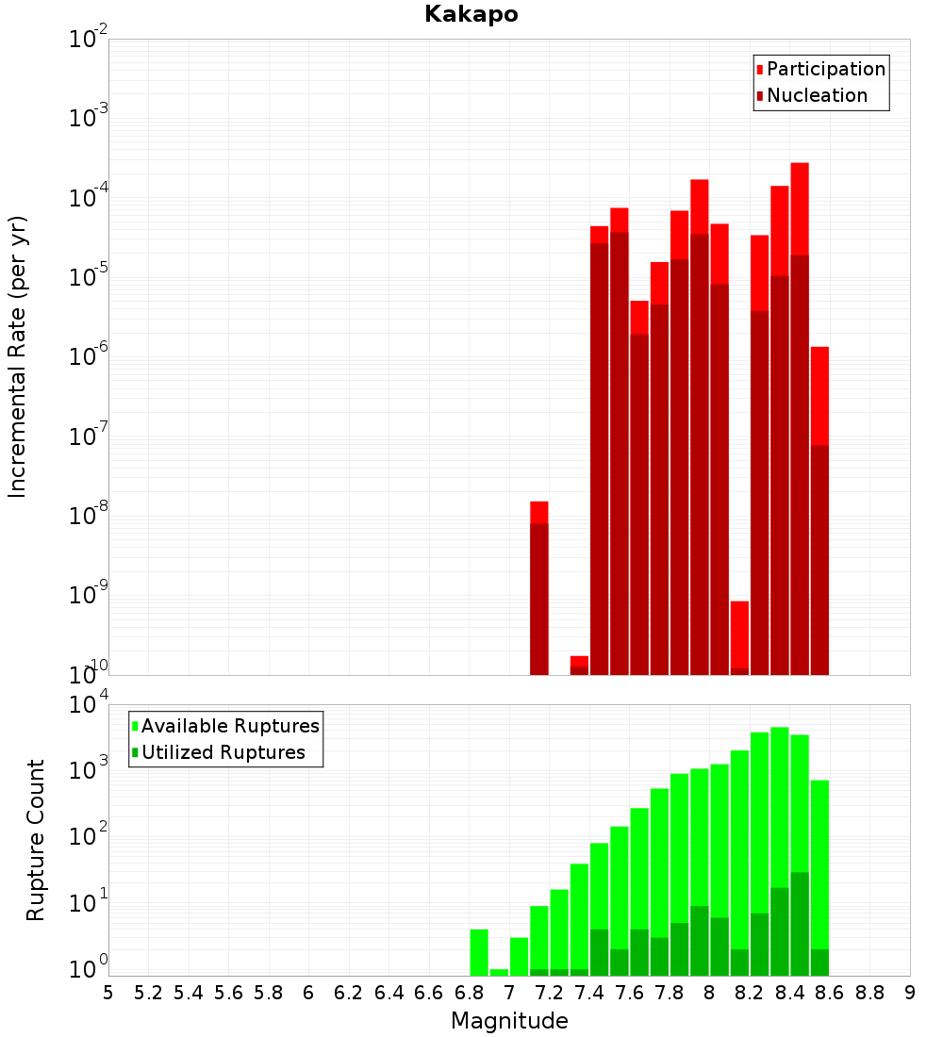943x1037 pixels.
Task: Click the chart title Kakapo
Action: pos(471,14)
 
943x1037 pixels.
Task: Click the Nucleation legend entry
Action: pos(817,95)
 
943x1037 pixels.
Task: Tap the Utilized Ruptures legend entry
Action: pos(223,752)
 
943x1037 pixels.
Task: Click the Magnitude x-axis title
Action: pos(509,1021)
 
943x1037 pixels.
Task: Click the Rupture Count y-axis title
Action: pos(36,839)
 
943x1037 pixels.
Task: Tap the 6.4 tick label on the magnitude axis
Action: pos(389,993)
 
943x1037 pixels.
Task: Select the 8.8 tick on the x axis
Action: pos(869,993)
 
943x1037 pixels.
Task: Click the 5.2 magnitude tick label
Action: pos(148,993)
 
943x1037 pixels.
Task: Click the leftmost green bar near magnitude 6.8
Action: pos(479,952)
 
